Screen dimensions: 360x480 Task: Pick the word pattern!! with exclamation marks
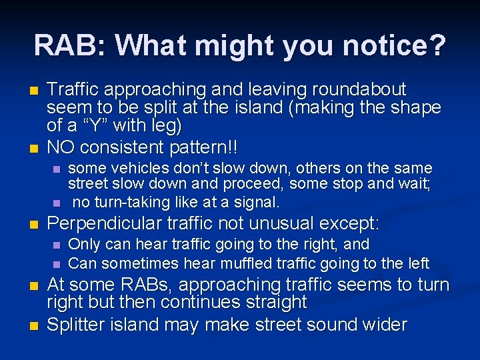click(x=213, y=147)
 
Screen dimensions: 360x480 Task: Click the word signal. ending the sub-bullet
click(x=257, y=201)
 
